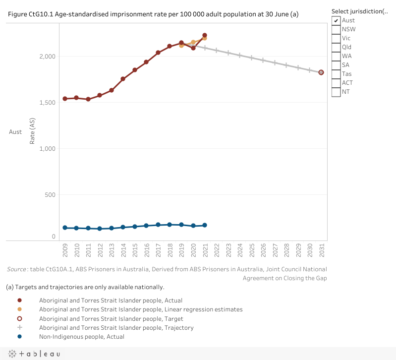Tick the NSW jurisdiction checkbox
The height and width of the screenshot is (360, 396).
coord(336,29)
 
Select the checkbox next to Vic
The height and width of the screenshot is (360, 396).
coord(336,38)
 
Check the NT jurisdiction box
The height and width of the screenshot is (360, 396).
coord(336,92)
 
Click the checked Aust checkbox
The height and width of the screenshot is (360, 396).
coord(336,20)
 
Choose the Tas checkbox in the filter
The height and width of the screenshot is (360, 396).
coord(336,74)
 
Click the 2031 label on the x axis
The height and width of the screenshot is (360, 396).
coord(322,250)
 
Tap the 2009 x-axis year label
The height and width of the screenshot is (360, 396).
coord(65,250)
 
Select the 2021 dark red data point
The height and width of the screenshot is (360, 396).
coord(205,35)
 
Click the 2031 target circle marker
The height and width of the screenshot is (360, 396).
coord(321,72)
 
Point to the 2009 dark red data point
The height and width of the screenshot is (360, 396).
coord(65,99)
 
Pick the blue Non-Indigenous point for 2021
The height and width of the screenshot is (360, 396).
coord(205,225)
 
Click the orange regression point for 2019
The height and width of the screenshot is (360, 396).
coord(181,45)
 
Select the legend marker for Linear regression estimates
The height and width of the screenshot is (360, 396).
coord(19,309)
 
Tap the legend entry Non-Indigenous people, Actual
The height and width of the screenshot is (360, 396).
coord(82,337)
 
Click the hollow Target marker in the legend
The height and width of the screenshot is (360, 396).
coord(19,318)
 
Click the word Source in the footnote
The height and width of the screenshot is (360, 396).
coord(17,269)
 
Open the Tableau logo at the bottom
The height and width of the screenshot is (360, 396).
coord(33,354)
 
